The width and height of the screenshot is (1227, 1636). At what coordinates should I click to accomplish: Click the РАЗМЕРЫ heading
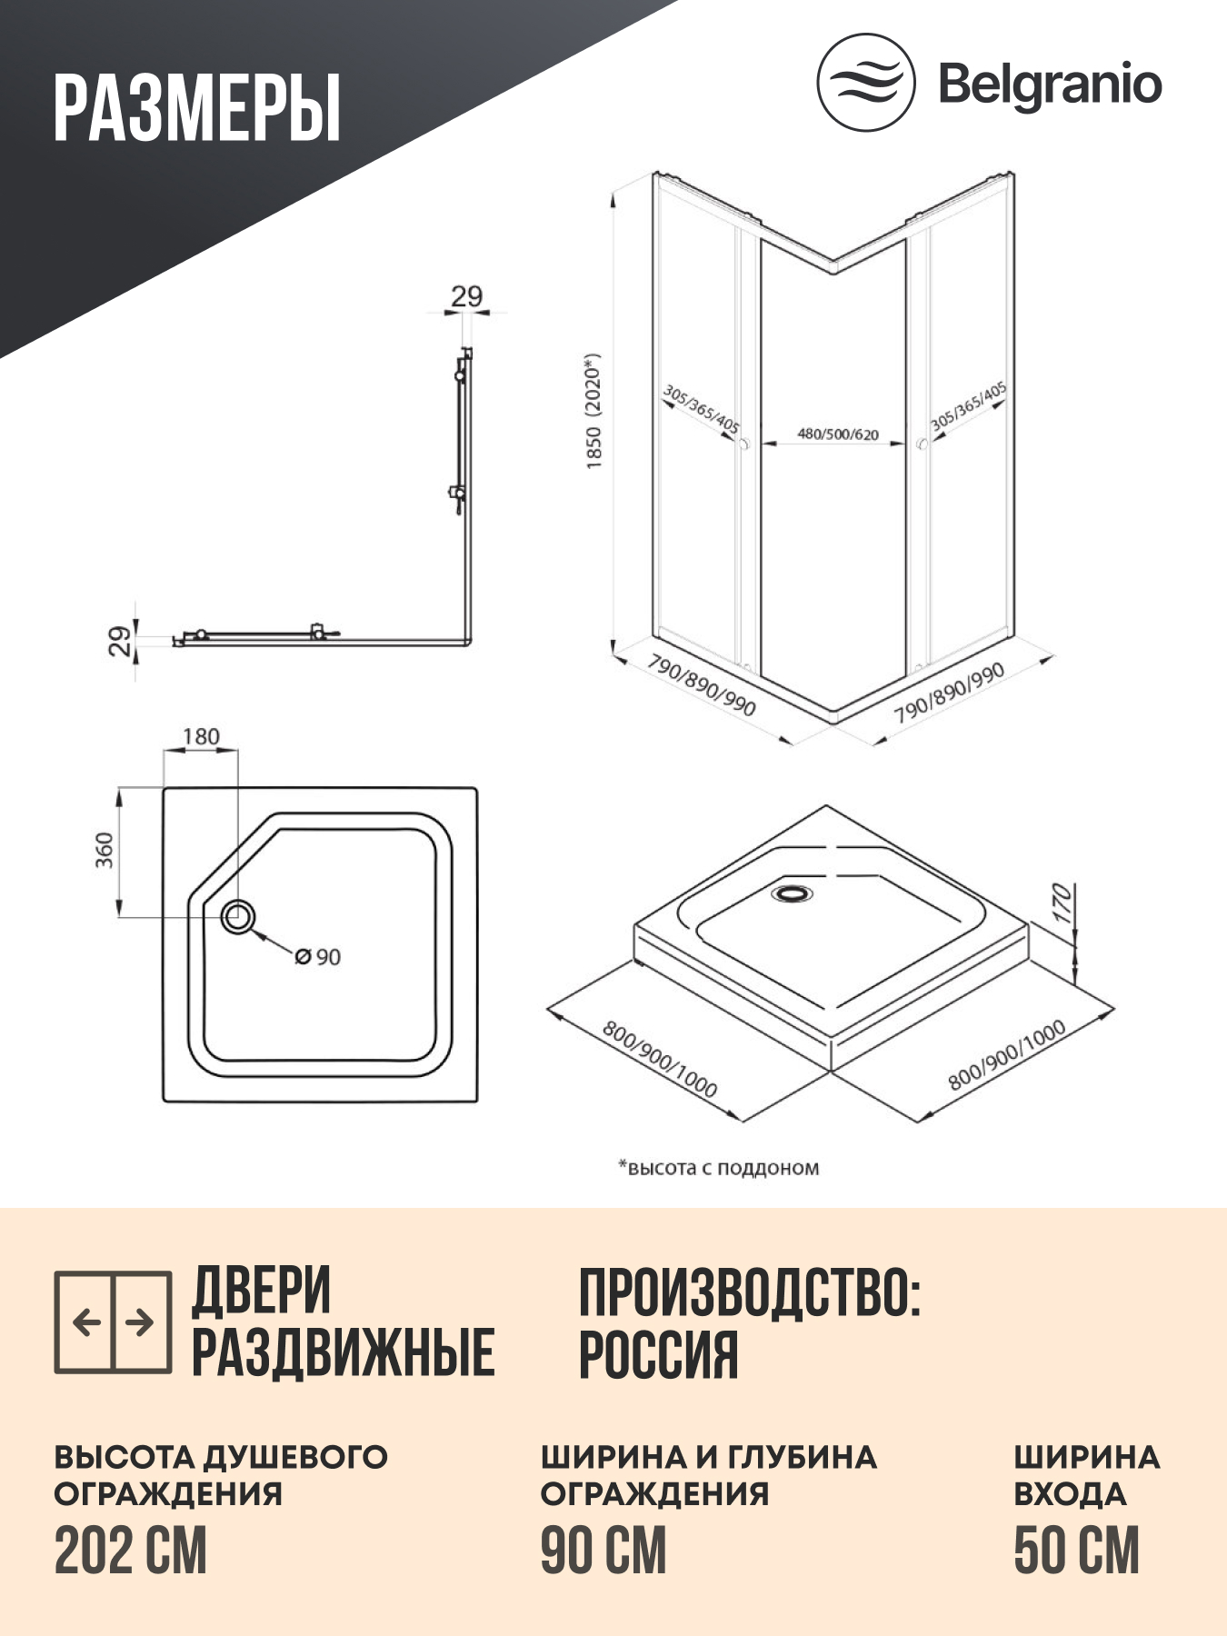pyautogui.click(x=196, y=108)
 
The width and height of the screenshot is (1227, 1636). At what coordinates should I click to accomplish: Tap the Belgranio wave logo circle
pyautogui.click(x=865, y=83)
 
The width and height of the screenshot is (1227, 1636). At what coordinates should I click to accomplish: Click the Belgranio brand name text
pyautogui.click(x=1050, y=85)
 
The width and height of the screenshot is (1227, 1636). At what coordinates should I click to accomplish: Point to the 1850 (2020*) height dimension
pyautogui.click(x=594, y=411)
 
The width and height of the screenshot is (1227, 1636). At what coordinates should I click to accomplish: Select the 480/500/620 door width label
pyautogui.click(x=838, y=434)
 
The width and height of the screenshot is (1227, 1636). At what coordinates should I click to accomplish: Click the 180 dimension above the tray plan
pyautogui.click(x=201, y=737)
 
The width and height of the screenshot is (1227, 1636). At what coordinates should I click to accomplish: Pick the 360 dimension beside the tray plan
pyautogui.click(x=105, y=850)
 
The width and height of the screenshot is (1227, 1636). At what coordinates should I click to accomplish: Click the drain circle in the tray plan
pyautogui.click(x=238, y=916)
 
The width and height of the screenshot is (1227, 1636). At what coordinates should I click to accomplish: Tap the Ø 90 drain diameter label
pyautogui.click(x=318, y=957)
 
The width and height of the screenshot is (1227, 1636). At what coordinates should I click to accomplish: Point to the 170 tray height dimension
pyautogui.click(x=1062, y=903)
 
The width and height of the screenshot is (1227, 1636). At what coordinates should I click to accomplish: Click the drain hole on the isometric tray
pyautogui.click(x=793, y=893)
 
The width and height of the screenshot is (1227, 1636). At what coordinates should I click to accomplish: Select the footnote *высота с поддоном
pyautogui.click(x=718, y=1168)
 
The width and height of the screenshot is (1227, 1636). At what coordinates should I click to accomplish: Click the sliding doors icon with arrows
pyautogui.click(x=113, y=1322)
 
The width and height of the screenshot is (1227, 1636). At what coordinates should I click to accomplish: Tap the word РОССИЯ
pyautogui.click(x=658, y=1355)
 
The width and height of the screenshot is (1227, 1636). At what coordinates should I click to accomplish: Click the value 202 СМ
pyautogui.click(x=131, y=1551)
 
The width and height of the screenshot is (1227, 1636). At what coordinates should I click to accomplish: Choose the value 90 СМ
pyautogui.click(x=604, y=1551)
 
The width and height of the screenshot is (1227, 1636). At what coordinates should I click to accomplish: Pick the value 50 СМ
pyautogui.click(x=1076, y=1551)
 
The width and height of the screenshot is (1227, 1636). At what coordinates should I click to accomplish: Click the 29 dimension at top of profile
pyautogui.click(x=466, y=296)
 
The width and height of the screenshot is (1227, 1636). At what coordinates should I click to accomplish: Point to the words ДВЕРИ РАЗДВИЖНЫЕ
pyautogui.click(x=343, y=1322)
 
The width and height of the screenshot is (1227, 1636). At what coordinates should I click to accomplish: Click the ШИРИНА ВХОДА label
pyautogui.click(x=1086, y=1474)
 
